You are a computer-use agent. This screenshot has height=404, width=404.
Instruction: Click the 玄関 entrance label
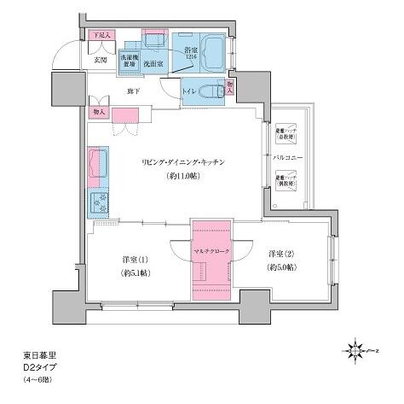pos(100,60)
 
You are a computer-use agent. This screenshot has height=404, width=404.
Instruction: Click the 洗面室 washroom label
pos(153,63)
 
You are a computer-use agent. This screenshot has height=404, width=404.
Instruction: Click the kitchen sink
pos(96,163)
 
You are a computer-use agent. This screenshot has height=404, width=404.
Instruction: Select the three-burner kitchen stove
pos(95,204)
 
